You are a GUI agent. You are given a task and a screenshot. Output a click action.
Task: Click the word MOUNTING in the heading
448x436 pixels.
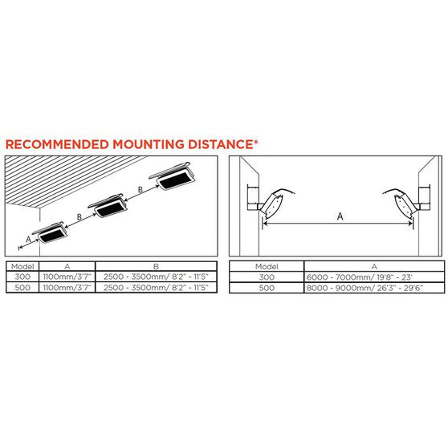tap(149, 144)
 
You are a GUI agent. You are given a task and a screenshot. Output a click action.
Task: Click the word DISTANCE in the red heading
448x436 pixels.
tap(221, 144)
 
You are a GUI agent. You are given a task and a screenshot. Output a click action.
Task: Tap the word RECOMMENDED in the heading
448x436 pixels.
tap(57, 144)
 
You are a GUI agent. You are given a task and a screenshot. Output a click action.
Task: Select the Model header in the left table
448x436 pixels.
tap(22, 267)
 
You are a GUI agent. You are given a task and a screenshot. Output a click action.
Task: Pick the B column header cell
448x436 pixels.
tap(156, 266)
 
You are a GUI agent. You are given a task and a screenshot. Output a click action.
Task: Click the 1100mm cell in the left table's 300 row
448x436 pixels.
tap(67, 277)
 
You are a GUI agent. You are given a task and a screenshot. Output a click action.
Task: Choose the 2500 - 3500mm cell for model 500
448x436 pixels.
tap(156, 288)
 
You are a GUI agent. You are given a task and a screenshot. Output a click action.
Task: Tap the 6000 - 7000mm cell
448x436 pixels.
tap(374, 277)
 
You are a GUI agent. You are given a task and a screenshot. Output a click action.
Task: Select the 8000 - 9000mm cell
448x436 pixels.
tap(374, 288)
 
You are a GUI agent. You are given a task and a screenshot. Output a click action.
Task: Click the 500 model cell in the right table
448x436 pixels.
tap(267, 288)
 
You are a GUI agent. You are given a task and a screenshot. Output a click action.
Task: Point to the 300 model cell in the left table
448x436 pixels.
tap(22, 277)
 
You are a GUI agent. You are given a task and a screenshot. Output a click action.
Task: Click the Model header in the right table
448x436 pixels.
tap(267, 267)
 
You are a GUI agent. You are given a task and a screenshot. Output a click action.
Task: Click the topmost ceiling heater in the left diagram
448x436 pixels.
tap(173, 176)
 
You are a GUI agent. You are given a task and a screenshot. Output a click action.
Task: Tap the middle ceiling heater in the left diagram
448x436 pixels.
tap(108, 206)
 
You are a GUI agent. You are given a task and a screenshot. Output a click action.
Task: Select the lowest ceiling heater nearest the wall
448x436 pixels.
tap(51, 232)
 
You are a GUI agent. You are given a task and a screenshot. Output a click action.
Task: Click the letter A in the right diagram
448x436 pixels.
tap(340, 216)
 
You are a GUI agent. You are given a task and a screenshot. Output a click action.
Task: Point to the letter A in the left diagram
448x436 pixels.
tap(28, 240)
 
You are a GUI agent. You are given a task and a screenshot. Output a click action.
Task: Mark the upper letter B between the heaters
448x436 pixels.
tap(141, 189)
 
